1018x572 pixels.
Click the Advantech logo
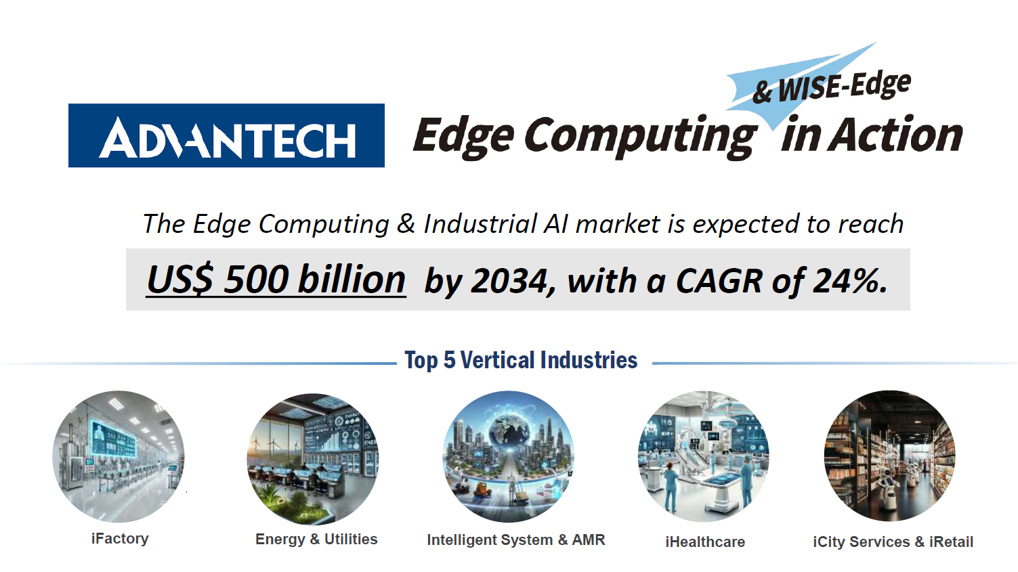pyautogui.click(x=226, y=135)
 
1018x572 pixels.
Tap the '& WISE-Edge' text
pyautogui.click(x=831, y=87)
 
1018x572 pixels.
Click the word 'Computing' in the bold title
pyautogui.click(x=640, y=137)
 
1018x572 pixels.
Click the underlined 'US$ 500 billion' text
pyautogui.click(x=276, y=280)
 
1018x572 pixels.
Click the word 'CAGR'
pyautogui.click(x=719, y=281)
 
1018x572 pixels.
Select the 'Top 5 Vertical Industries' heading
pyautogui.click(x=521, y=360)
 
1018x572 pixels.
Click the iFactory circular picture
pyautogui.click(x=119, y=456)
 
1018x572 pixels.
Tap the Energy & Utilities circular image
pyautogui.click(x=313, y=459)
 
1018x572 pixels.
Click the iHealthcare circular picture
pyautogui.click(x=704, y=456)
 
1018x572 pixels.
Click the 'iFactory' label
pyautogui.click(x=120, y=538)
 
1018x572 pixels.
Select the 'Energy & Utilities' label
pyautogui.click(x=316, y=539)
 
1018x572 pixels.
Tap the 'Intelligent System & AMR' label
pyautogui.click(x=516, y=540)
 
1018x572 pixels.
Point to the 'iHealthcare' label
pyautogui.click(x=705, y=542)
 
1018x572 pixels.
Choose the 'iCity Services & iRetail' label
pyautogui.click(x=893, y=542)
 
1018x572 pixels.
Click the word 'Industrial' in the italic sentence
pyautogui.click(x=480, y=224)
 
